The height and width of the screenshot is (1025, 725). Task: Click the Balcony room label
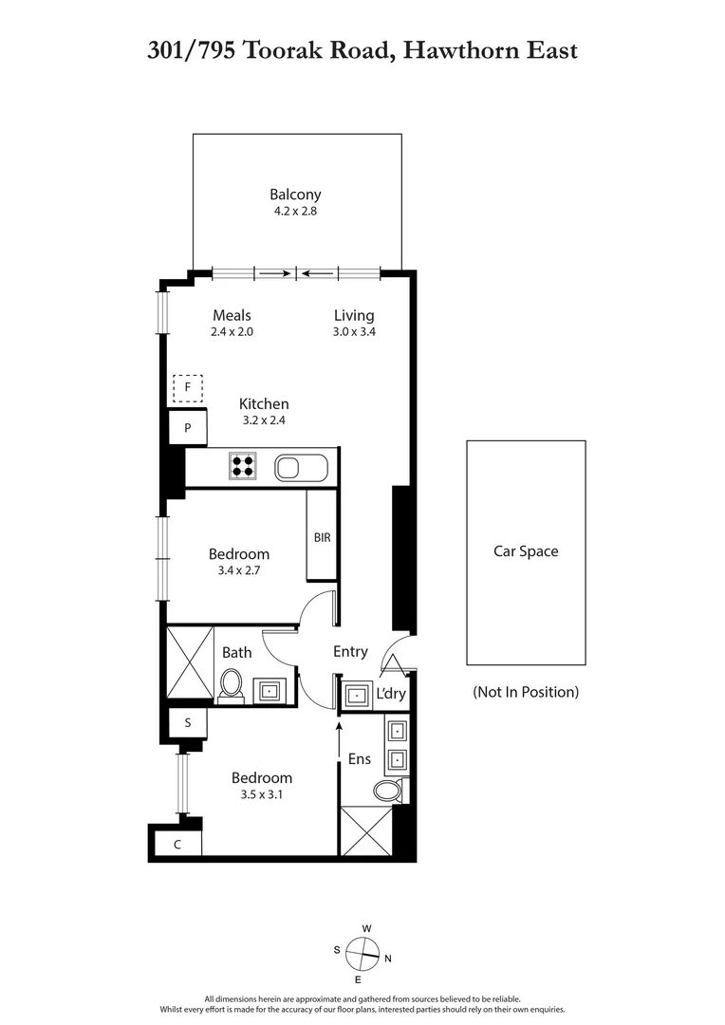[x=295, y=195]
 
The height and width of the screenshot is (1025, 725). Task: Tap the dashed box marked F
[x=188, y=387]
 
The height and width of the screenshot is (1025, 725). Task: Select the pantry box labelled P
[x=188, y=428]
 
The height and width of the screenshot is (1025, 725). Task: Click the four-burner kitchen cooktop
[x=242, y=466]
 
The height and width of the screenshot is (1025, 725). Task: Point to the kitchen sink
[x=301, y=467]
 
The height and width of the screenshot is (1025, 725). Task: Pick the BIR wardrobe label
[x=322, y=537]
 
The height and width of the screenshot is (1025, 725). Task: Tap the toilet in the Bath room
[x=231, y=686]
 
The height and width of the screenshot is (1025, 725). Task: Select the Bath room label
[x=237, y=652]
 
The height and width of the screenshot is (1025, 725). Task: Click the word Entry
[x=350, y=651]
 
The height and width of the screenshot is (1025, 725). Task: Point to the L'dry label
[x=391, y=695]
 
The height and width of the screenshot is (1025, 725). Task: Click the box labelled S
[x=188, y=723]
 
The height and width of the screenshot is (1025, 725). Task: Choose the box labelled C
[x=177, y=844]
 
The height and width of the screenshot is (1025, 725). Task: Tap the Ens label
[x=360, y=759]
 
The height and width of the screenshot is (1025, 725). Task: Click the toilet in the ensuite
[x=389, y=790]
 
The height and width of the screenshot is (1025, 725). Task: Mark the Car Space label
[x=525, y=551]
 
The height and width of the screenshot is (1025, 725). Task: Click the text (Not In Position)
[x=525, y=692]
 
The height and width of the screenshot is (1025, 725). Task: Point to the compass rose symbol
[x=362, y=952]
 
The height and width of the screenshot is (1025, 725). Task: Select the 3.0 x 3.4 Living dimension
[x=354, y=332]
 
